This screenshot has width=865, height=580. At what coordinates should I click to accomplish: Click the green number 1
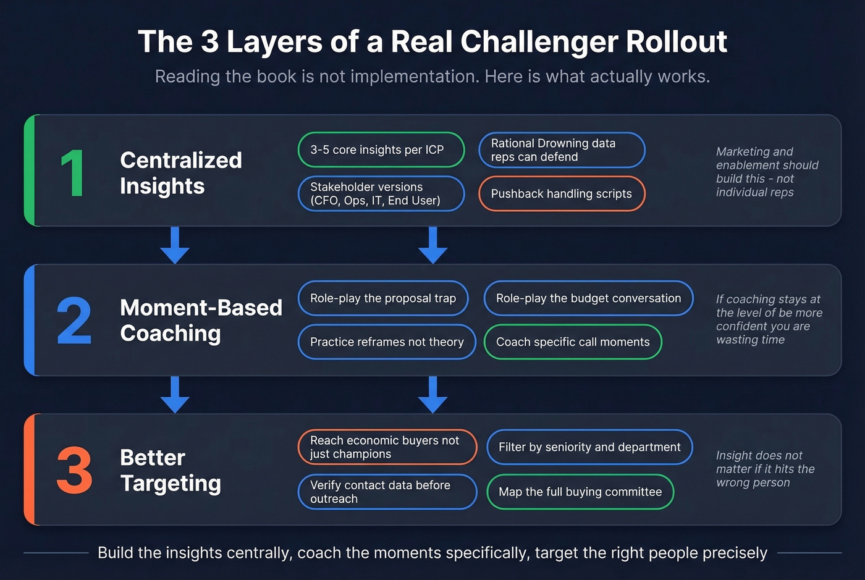73,174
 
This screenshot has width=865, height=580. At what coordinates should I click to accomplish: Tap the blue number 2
74,321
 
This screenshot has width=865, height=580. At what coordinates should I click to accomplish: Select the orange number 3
74,471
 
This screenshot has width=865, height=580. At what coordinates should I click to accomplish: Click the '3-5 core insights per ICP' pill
381,149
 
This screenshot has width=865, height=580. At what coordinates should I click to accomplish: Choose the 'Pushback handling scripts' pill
561,194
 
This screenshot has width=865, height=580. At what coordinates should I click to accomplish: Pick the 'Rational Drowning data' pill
561,150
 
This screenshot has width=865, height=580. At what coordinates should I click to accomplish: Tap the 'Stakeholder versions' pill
381,194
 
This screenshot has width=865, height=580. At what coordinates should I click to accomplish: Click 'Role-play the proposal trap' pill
383,298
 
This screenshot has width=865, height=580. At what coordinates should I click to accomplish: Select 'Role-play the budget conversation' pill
588,298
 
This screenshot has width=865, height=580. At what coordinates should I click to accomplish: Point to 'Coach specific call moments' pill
573,342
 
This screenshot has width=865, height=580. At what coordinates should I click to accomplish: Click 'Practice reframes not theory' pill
387,342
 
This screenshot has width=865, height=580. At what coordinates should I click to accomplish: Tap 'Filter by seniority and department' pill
589,447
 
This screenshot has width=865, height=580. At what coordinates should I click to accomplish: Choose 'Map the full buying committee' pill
580,492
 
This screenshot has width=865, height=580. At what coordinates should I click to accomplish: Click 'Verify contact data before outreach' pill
387,492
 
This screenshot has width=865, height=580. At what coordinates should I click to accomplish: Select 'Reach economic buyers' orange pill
387,447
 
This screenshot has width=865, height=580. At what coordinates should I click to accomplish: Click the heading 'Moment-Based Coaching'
200,321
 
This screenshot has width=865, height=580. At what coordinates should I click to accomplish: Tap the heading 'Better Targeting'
170,471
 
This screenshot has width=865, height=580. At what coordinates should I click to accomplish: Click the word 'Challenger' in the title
538,42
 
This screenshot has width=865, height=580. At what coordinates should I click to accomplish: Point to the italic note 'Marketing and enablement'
766,172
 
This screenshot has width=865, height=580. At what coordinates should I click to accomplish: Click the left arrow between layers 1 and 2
175,245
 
